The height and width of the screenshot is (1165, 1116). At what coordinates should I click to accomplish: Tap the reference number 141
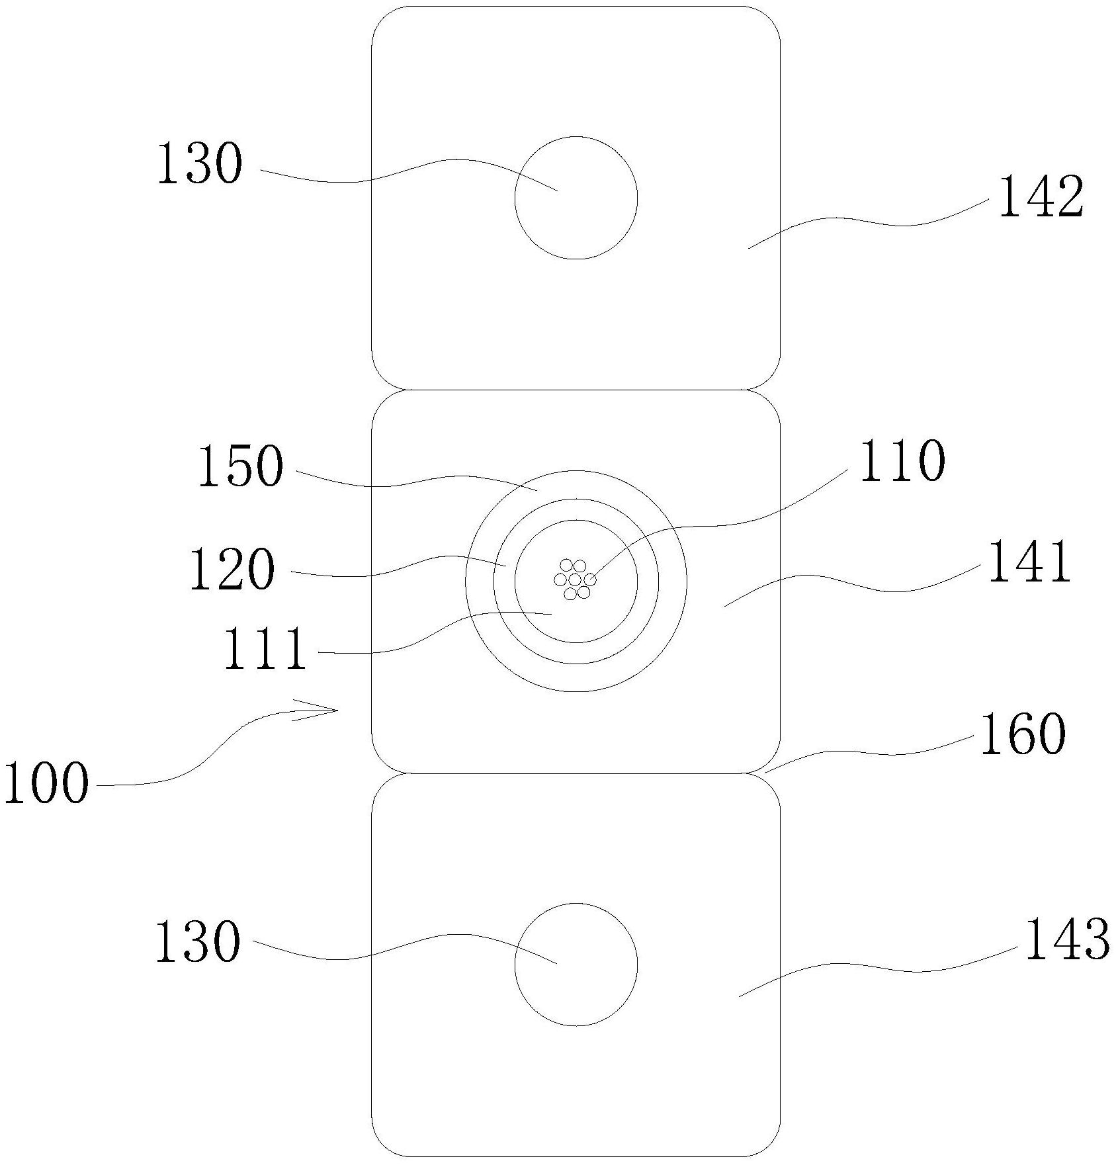click(x=1029, y=561)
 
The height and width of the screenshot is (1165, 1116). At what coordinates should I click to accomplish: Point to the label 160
click(x=1023, y=734)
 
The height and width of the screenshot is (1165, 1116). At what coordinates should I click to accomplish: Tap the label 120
click(x=232, y=568)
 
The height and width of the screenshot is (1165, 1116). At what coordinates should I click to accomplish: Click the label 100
click(x=46, y=783)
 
